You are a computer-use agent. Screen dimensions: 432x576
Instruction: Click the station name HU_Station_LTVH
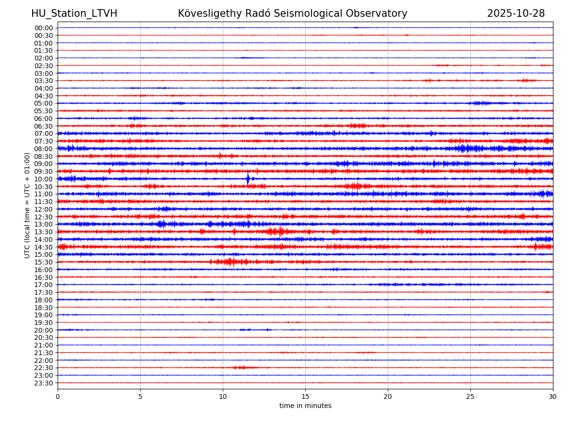[74, 13]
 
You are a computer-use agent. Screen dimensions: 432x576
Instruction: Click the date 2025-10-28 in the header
[516, 13]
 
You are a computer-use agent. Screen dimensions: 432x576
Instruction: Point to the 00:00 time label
[43, 28]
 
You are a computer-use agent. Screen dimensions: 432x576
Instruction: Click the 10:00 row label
[43, 179]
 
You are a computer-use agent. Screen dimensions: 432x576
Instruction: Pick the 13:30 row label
[43, 232]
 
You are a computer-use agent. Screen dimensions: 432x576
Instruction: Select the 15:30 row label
[43, 262]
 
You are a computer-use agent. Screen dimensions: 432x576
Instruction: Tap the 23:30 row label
[43, 383]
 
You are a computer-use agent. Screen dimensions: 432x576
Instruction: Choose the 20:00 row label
[43, 330]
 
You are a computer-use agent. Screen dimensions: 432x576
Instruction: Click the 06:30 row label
[43, 126]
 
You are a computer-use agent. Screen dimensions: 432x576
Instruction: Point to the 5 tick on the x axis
[140, 396]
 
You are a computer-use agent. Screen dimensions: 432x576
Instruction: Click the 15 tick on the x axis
[305, 396]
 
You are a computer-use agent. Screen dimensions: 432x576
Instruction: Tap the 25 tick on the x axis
[470, 396]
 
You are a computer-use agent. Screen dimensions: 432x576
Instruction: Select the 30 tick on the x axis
[553, 396]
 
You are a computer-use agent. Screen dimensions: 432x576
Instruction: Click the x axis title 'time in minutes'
[305, 406]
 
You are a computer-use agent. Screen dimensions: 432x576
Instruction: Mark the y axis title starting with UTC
[27, 205]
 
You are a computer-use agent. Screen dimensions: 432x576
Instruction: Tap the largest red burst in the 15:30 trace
[230, 262]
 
